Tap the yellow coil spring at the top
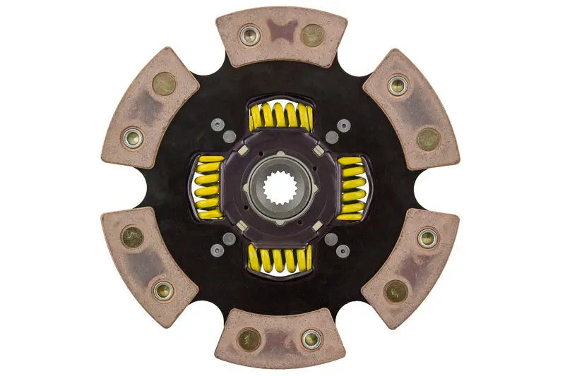(281, 116)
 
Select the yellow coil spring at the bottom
(280, 259)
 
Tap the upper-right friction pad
(412, 110)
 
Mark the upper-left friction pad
(150, 110)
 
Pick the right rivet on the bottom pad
(311, 339)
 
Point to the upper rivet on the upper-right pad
(398, 86)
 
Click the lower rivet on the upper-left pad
(133, 137)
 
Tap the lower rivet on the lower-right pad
(396, 290)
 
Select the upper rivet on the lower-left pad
(132, 236)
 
